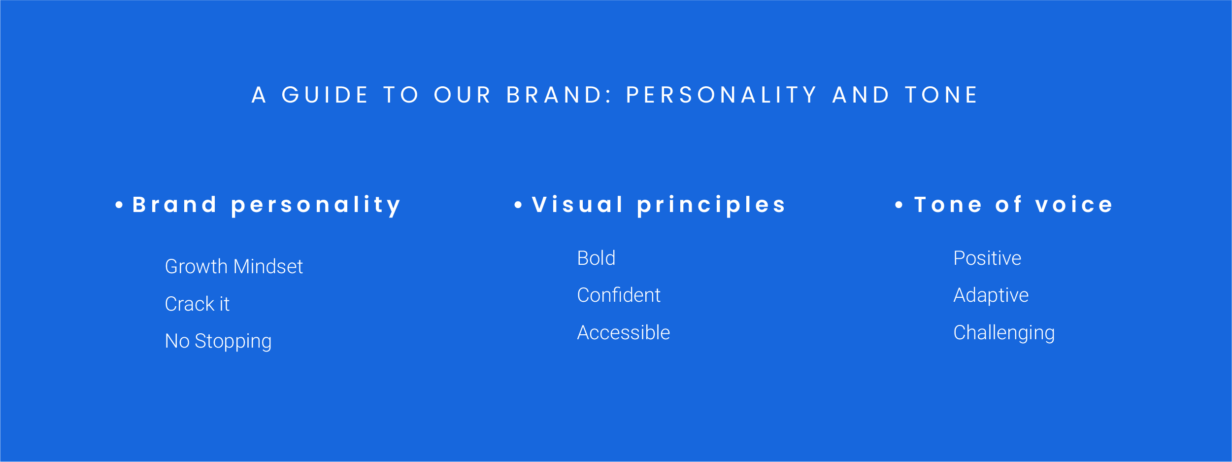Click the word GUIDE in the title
[325, 95]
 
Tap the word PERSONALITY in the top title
[721, 95]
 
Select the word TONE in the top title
[941, 95]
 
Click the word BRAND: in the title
[559, 95]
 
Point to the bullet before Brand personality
[119, 205]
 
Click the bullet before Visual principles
[518, 205]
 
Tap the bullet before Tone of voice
[899, 205]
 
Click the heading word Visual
[578, 205]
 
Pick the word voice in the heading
[1074, 205]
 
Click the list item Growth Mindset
[234, 267]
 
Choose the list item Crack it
[197, 304]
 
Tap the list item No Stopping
[218, 341]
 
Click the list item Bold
[596, 258]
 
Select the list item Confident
[619, 295]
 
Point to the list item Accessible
[624, 332]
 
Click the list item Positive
[987, 258]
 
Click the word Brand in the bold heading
[174, 205]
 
